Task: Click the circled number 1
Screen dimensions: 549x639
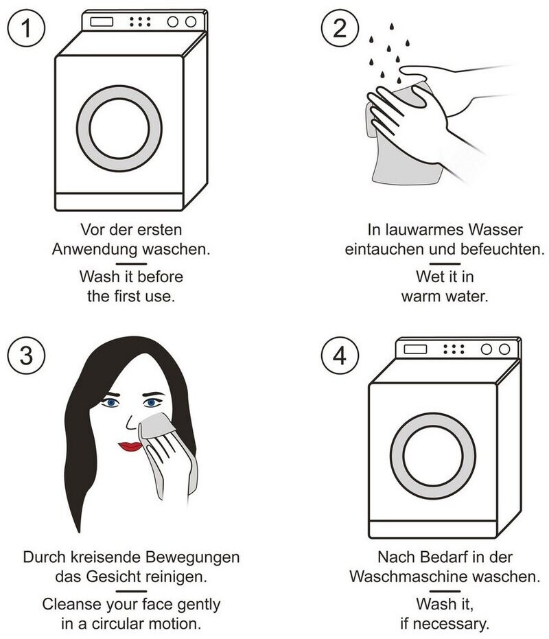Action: (26, 28)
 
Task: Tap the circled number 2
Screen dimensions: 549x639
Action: (340, 28)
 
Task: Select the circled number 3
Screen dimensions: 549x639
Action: (26, 356)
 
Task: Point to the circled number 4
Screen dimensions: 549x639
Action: (340, 356)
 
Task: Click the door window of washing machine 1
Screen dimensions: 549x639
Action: (119, 128)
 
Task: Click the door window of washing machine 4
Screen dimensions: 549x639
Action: (433, 456)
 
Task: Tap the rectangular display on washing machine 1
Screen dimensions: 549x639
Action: (102, 21)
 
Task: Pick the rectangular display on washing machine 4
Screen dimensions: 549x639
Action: (415, 349)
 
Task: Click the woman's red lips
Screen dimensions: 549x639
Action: (130, 446)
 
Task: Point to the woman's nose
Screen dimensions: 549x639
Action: (130, 423)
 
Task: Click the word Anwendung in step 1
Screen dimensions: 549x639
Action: (95, 250)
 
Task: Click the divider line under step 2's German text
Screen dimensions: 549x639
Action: (445, 264)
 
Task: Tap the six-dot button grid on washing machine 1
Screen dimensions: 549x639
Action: (140, 21)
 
